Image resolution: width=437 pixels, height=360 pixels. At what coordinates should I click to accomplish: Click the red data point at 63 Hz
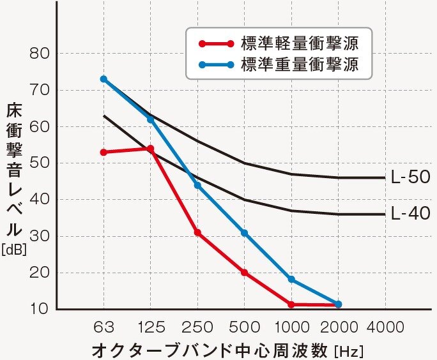click(103, 152)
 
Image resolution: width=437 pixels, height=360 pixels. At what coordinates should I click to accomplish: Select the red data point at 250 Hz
click(197, 233)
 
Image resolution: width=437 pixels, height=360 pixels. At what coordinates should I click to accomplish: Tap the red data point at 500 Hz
click(244, 273)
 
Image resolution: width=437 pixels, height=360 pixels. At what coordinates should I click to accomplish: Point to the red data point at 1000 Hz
click(291, 304)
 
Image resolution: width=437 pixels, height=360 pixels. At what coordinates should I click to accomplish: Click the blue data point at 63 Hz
click(103, 79)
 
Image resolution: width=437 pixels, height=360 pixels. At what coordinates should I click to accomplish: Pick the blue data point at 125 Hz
click(151, 119)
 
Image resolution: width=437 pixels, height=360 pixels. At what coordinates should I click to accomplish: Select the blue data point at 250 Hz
click(197, 185)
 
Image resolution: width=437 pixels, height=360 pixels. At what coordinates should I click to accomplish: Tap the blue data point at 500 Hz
click(244, 233)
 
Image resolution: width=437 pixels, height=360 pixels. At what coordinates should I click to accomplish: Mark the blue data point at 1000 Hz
click(291, 280)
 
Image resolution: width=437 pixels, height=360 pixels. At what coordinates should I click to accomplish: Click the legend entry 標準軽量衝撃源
click(298, 43)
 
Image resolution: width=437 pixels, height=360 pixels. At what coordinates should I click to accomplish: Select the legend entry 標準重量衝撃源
click(298, 64)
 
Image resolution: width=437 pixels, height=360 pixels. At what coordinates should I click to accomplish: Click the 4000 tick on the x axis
click(386, 328)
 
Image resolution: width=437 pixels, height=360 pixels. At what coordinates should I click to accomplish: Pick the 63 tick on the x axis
click(103, 328)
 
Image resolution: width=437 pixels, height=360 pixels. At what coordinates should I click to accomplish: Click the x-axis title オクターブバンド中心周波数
click(211, 350)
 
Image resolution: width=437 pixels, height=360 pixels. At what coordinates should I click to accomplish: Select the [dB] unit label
click(14, 250)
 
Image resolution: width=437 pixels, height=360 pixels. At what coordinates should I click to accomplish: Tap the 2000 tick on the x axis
click(339, 328)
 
